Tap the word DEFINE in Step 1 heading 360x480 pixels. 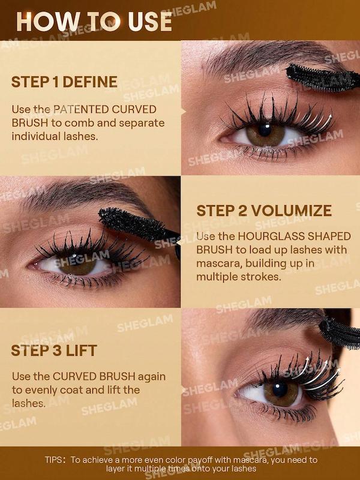point(90,82)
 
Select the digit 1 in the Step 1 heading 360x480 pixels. point(55,82)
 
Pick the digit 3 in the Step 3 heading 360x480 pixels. point(56,351)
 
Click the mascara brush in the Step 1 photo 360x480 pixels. point(322,78)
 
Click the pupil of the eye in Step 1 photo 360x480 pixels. point(265,130)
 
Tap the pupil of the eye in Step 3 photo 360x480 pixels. point(280,389)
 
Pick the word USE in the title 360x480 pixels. point(149,22)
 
